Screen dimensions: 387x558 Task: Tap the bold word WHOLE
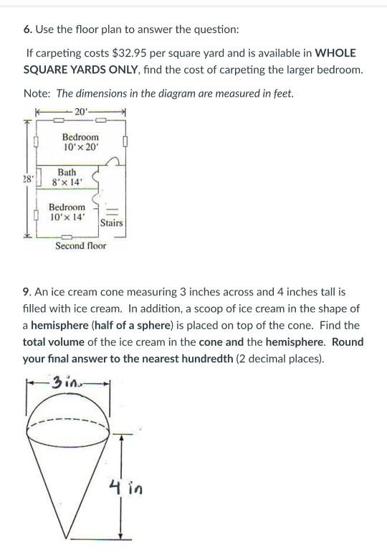[x=335, y=54]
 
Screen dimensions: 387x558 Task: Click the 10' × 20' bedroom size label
[x=80, y=147]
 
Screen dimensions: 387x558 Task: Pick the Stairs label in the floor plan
[x=111, y=223]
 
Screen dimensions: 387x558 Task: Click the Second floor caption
[x=80, y=246]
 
